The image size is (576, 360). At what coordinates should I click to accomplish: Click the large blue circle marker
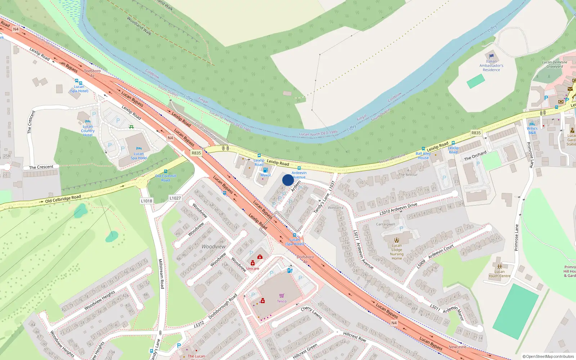[288, 180]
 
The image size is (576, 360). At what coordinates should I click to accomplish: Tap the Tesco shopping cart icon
[282, 296]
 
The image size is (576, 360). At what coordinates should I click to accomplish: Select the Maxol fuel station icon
[265, 170]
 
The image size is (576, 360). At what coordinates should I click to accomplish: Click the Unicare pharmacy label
[252, 269]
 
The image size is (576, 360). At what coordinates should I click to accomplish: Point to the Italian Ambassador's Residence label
[491, 66]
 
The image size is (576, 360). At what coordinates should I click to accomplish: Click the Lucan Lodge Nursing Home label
[397, 252]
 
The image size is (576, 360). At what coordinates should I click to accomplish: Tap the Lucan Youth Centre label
[499, 274]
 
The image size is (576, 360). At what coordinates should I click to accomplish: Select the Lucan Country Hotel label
[87, 131]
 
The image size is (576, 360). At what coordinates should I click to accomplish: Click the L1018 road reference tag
[147, 201]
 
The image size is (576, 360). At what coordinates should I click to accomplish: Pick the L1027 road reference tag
[175, 198]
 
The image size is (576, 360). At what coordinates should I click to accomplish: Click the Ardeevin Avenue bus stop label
[299, 175]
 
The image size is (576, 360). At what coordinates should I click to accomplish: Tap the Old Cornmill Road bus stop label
[166, 178]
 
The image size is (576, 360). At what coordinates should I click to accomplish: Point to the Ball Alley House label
[423, 156]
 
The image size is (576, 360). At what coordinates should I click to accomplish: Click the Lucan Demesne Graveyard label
[554, 64]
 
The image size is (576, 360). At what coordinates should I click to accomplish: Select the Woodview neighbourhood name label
[213, 247]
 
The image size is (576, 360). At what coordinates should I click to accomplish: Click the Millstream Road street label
[161, 274]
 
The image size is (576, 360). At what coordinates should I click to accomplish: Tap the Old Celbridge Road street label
[63, 199]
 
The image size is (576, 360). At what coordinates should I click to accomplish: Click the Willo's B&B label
[532, 130]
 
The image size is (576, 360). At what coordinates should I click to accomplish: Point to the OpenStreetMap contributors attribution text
[548, 356]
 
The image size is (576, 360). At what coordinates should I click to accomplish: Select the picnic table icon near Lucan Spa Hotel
[131, 127]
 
